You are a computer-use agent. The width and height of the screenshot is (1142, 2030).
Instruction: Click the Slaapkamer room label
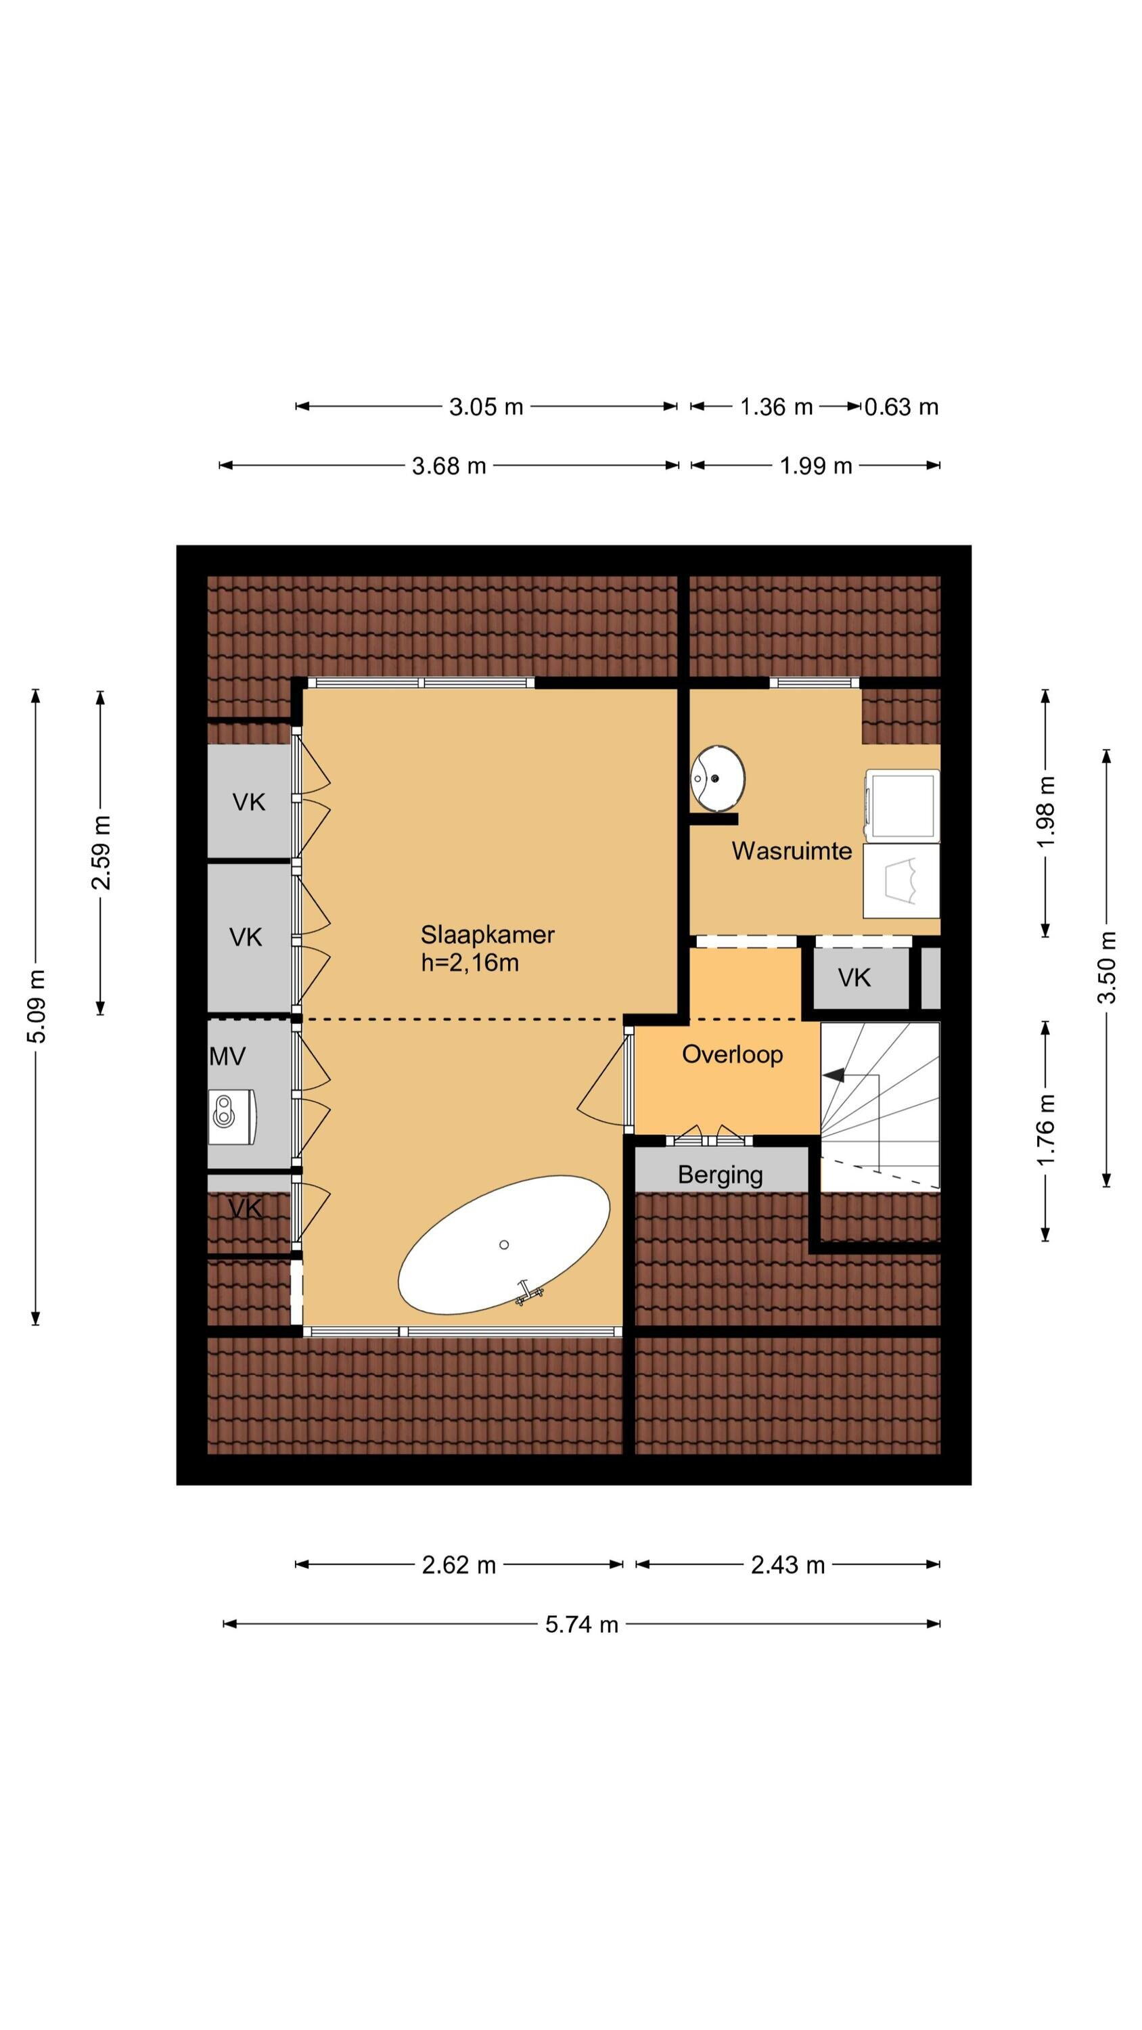tap(487, 934)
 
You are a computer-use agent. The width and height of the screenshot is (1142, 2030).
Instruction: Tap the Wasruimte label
tap(792, 851)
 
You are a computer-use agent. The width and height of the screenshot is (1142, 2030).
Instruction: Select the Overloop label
tap(732, 1054)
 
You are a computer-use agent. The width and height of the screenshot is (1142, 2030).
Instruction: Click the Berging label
tap(721, 1175)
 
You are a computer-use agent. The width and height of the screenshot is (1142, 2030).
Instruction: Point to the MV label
tap(228, 1057)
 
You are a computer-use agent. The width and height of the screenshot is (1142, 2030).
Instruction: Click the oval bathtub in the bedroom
tap(503, 1246)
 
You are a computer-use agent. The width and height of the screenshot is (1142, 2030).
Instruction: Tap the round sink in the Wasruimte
tap(717, 779)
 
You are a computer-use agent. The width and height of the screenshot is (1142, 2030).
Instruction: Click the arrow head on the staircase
tap(833, 1075)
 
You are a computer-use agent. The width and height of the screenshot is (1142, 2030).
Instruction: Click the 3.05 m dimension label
tap(486, 407)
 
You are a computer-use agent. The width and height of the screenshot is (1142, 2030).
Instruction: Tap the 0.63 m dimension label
tap(901, 407)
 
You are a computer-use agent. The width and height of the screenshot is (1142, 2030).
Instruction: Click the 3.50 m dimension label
tap(1107, 967)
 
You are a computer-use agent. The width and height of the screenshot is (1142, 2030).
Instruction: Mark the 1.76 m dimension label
tap(1045, 1130)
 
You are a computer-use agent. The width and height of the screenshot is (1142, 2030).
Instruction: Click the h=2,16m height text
tap(470, 963)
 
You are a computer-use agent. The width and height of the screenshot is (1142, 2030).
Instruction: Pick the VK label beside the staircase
tap(854, 978)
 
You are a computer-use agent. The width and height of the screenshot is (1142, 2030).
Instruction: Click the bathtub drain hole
tap(503, 1245)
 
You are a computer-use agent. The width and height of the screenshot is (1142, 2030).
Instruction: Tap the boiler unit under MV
tap(233, 1116)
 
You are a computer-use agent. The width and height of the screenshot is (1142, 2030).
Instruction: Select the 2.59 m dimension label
tap(101, 853)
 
